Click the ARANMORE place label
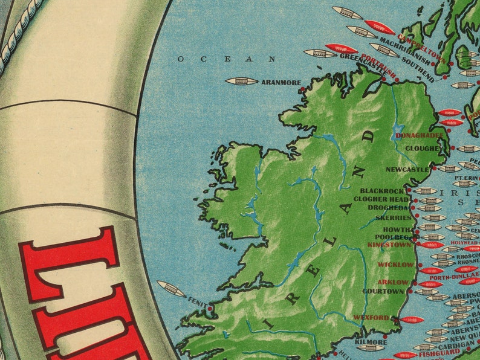(x=281, y=82)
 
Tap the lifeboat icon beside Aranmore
(x=241, y=81)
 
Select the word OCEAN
(x=227, y=59)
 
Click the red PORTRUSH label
(x=378, y=66)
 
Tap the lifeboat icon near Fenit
(x=171, y=289)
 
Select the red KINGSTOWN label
(x=389, y=245)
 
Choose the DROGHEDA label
(x=388, y=207)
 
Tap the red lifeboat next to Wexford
(x=411, y=320)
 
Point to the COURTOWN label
(x=382, y=291)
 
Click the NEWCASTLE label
(x=407, y=170)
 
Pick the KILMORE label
(x=371, y=342)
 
